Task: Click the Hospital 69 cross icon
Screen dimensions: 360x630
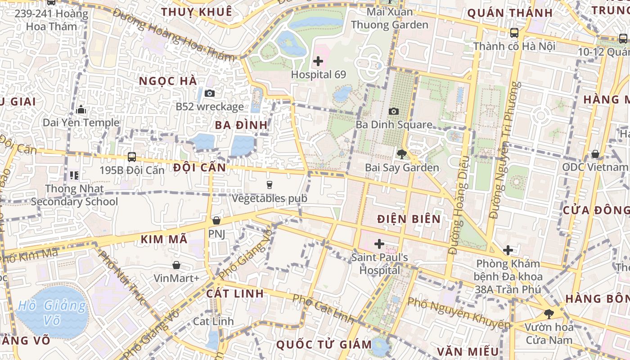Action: [318, 61]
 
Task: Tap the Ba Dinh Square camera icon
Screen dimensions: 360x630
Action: [393, 111]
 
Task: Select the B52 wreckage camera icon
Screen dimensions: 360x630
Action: [209, 94]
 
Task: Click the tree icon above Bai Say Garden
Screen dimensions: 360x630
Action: [402, 154]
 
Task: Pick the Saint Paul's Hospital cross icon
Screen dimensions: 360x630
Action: [379, 244]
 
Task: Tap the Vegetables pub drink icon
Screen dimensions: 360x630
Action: [269, 184]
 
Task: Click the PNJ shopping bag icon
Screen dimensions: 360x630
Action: [216, 220]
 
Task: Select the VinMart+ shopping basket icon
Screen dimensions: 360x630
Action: [176, 265]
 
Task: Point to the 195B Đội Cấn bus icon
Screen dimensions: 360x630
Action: [132, 157]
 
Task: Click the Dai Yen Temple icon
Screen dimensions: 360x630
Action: [81, 109]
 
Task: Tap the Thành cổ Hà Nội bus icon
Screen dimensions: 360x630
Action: [514, 33]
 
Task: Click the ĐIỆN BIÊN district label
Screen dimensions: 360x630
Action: [409, 219]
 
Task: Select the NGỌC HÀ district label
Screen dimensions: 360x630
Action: [168, 81]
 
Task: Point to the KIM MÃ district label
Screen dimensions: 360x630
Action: [164, 239]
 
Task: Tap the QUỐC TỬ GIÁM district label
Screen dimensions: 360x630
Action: [324, 345]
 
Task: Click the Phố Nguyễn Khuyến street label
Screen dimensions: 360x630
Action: [459, 313]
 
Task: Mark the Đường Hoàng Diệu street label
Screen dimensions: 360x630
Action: [459, 205]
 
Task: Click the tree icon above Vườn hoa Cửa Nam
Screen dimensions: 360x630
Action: [548, 314]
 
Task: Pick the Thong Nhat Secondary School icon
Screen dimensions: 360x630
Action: [74, 175]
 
